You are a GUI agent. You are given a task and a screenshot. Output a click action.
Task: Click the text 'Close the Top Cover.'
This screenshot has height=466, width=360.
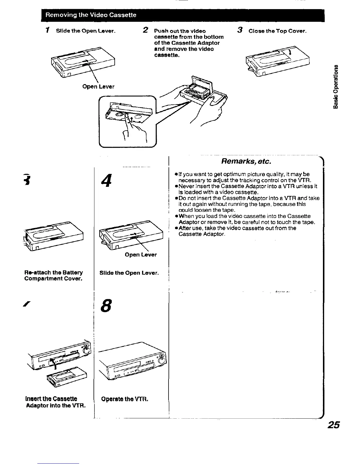(277, 31)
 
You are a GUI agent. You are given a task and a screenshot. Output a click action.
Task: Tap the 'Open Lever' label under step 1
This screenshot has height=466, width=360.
(98, 86)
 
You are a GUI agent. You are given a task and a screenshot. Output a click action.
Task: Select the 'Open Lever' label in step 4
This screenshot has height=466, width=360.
(141, 254)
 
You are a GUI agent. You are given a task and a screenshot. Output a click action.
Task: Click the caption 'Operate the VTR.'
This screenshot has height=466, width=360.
(124, 399)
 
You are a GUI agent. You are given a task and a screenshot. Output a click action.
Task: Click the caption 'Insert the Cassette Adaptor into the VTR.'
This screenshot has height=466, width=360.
(56, 402)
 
